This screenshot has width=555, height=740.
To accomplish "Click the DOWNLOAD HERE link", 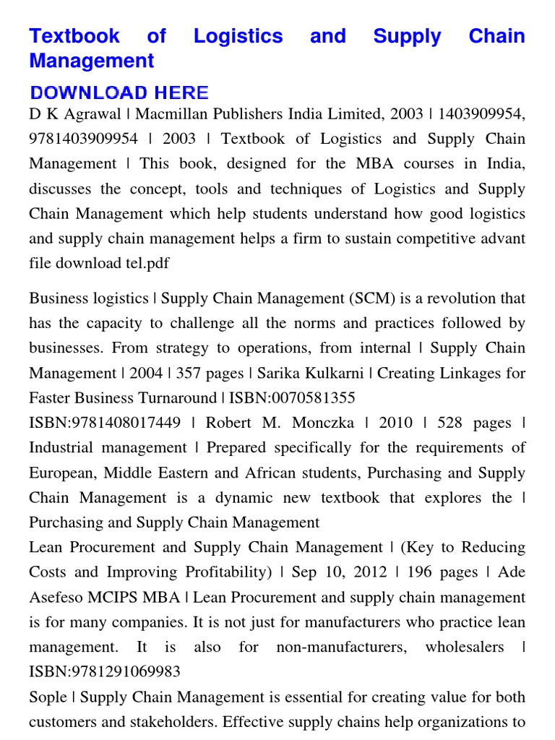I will [x=119, y=92].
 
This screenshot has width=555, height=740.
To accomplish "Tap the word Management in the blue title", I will [x=91, y=61].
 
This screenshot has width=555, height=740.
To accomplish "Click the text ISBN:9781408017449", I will [x=105, y=423].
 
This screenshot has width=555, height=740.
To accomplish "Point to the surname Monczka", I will [x=322, y=423].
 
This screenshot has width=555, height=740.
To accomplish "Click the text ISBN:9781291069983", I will [x=105, y=672].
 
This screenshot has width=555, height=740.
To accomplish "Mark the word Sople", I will [x=48, y=697].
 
